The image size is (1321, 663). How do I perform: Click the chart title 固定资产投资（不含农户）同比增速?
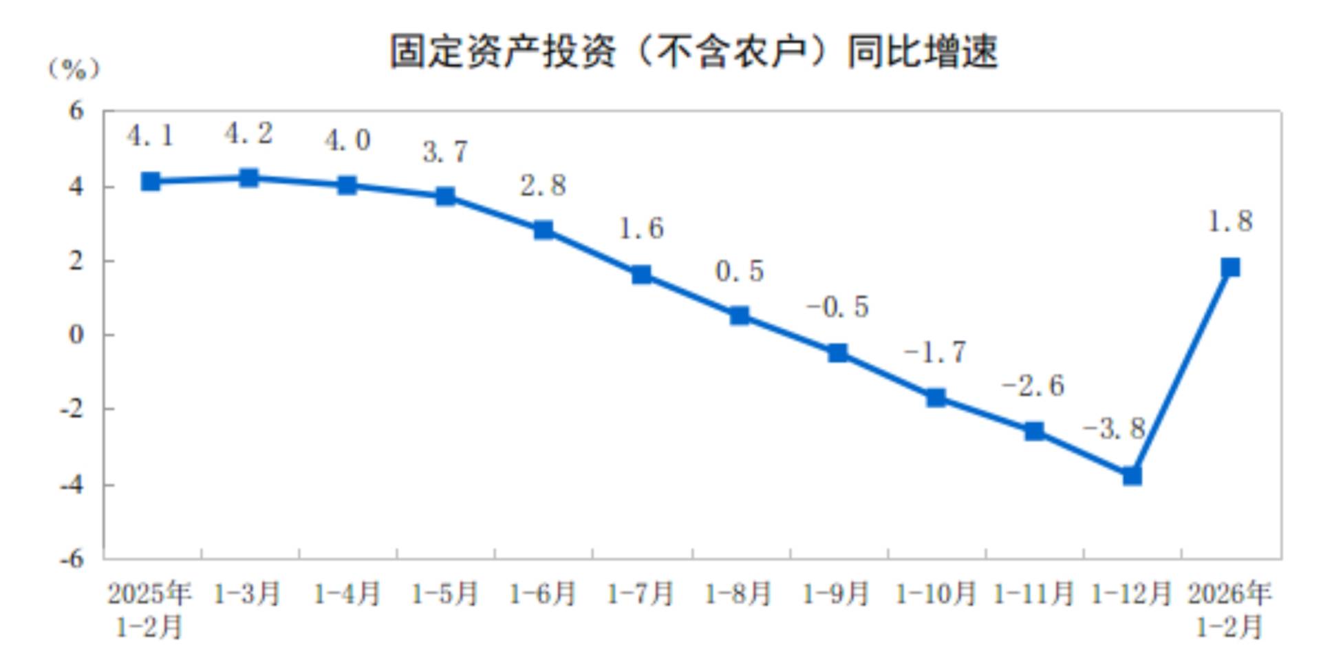(x=694, y=52)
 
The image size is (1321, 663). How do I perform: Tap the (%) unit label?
(x=74, y=69)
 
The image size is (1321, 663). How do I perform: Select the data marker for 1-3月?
(x=248, y=178)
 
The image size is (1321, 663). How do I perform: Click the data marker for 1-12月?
(x=1132, y=476)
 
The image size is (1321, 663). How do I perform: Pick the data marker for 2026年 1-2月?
(x=1230, y=267)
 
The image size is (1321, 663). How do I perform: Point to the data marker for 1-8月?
(x=740, y=316)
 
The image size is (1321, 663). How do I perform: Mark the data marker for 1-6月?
(x=544, y=230)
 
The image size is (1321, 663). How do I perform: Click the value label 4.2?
(x=248, y=134)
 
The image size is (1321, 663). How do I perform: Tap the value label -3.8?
(x=1114, y=429)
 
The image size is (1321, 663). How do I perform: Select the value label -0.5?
(x=837, y=306)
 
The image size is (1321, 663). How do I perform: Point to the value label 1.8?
(x=1230, y=222)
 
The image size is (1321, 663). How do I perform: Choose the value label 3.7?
(x=445, y=152)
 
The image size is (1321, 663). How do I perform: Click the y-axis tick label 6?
(x=76, y=111)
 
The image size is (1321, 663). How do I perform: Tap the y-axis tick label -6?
(x=72, y=558)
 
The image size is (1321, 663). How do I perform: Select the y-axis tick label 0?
(x=76, y=335)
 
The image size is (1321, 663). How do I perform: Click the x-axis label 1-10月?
(x=936, y=593)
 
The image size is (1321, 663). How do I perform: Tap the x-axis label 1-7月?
(x=641, y=593)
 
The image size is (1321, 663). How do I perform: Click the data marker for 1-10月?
(x=936, y=398)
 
